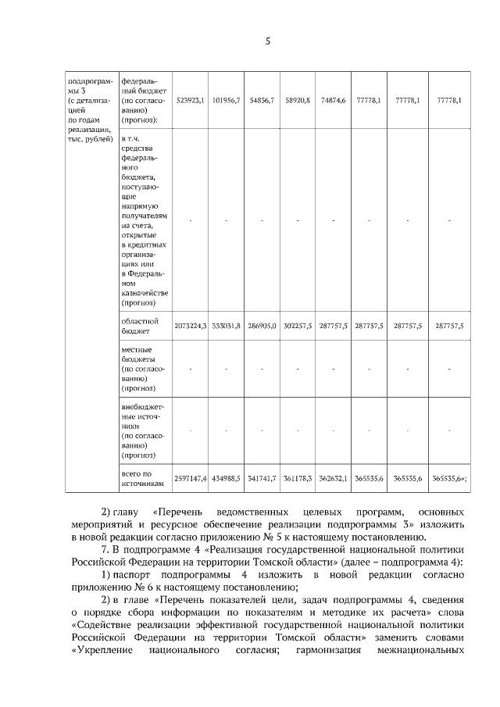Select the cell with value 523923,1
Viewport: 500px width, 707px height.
pyautogui.click(x=190, y=101)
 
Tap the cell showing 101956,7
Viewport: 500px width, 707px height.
pyautogui.click(x=226, y=101)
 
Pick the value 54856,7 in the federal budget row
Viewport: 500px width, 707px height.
pyautogui.click(x=262, y=101)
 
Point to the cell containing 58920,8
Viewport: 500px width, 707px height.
pyautogui.click(x=298, y=101)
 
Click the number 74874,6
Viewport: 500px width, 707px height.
pyautogui.click(x=334, y=101)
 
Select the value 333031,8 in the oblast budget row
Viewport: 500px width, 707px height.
pyautogui.click(x=226, y=326)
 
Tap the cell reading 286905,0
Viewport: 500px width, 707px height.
pyautogui.click(x=262, y=326)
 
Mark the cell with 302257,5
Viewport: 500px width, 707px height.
pyautogui.click(x=298, y=326)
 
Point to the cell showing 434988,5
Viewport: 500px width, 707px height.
pyautogui.click(x=226, y=478)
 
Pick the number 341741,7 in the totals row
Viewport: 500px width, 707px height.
pyautogui.click(x=262, y=478)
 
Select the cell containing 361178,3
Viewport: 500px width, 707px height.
pyautogui.click(x=298, y=478)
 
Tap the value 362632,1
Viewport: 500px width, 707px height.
pyautogui.click(x=334, y=478)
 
